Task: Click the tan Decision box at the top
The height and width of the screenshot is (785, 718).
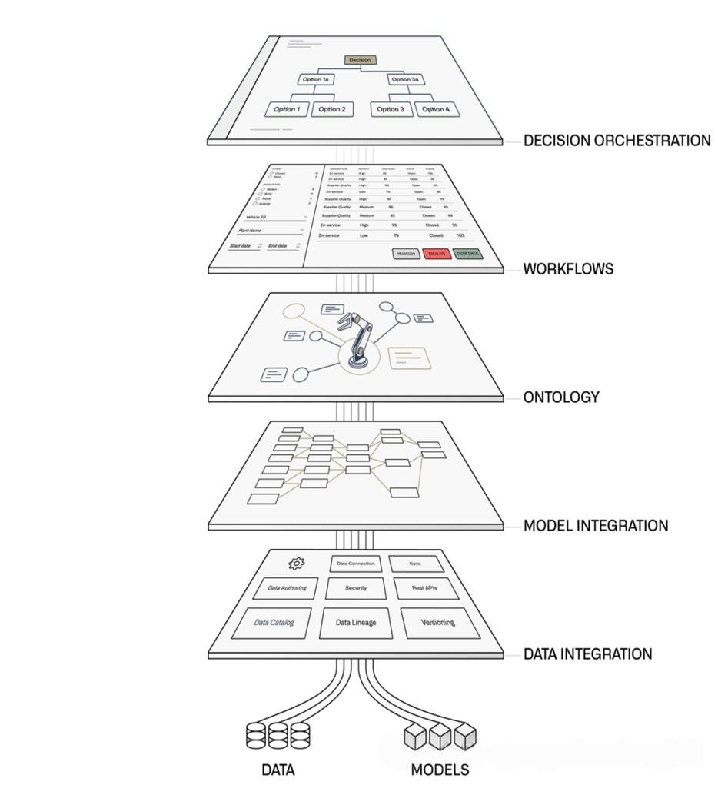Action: [x=359, y=59]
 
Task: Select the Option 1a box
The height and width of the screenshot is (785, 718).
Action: [x=317, y=79]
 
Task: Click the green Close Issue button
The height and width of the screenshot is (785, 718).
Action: [x=468, y=253]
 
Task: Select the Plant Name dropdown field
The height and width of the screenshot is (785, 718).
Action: [x=268, y=230]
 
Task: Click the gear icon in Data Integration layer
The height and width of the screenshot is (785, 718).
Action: [x=296, y=564]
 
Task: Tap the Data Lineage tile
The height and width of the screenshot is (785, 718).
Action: [x=356, y=622]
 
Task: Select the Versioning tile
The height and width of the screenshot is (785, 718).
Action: [x=439, y=622]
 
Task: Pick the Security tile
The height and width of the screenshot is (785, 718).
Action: [x=355, y=588]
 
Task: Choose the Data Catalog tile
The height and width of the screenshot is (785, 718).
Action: [x=274, y=622]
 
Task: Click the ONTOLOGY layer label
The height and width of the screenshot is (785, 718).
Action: [x=560, y=397]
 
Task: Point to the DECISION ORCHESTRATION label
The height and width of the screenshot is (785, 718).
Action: [x=617, y=141]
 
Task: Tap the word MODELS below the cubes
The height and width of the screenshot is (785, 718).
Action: [x=439, y=769]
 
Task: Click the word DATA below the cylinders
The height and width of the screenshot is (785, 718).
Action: [x=278, y=769]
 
